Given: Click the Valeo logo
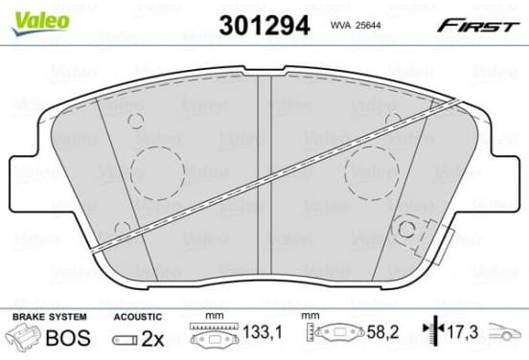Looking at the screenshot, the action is (40, 22).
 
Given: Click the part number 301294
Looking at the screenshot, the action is (264, 26).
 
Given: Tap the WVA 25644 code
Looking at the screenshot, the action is (356, 25).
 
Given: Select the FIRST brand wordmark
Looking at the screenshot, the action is (478, 26).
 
